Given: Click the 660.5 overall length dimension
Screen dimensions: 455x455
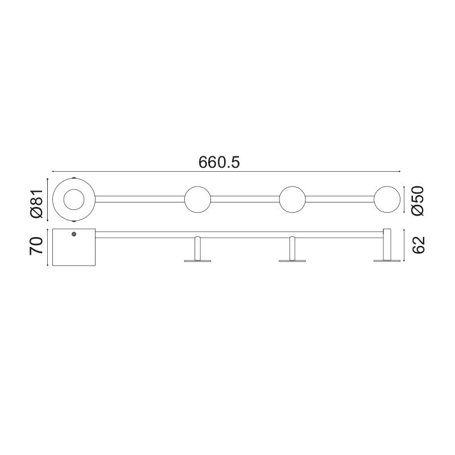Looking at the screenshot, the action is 219,162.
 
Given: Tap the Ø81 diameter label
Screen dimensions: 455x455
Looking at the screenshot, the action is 36,204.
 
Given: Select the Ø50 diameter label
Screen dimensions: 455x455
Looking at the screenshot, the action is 418,201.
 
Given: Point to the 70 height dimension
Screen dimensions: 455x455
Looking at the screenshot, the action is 36,246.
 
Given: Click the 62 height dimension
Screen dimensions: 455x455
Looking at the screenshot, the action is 418,245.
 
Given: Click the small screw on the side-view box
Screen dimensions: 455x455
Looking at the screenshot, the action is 74,234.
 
